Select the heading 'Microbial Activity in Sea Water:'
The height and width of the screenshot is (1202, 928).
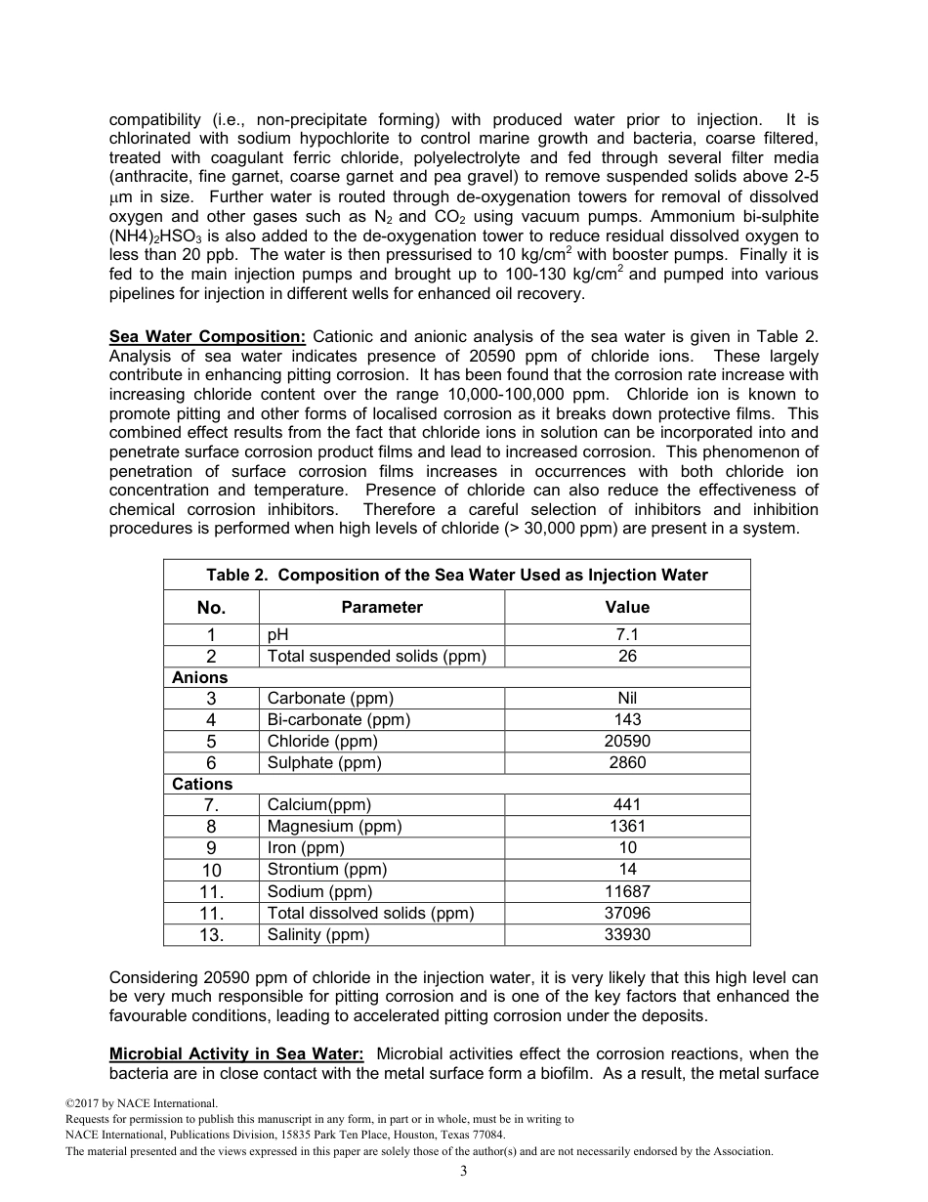tap(236, 1053)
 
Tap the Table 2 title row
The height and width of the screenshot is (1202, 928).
tap(457, 575)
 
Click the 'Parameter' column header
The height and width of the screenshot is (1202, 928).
tap(382, 607)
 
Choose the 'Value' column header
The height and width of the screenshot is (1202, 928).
tap(627, 607)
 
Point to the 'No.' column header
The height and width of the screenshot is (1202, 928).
tap(211, 608)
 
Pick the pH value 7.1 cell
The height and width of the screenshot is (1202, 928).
tap(627, 634)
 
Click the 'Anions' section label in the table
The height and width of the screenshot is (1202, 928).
tap(200, 677)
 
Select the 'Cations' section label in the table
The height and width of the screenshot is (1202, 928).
tap(202, 784)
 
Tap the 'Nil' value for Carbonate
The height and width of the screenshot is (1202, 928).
tap(627, 699)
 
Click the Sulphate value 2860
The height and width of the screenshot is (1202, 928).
tap(627, 762)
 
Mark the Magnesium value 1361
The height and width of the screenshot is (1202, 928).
tap(627, 826)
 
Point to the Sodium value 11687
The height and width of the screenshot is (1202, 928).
tap(627, 891)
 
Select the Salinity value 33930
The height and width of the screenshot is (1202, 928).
tap(627, 934)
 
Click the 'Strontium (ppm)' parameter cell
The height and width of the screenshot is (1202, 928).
tap(327, 869)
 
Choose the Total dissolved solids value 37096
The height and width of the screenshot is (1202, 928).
tap(627, 913)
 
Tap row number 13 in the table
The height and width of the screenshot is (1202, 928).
tap(211, 935)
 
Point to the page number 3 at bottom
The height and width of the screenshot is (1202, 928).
tap(464, 1172)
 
